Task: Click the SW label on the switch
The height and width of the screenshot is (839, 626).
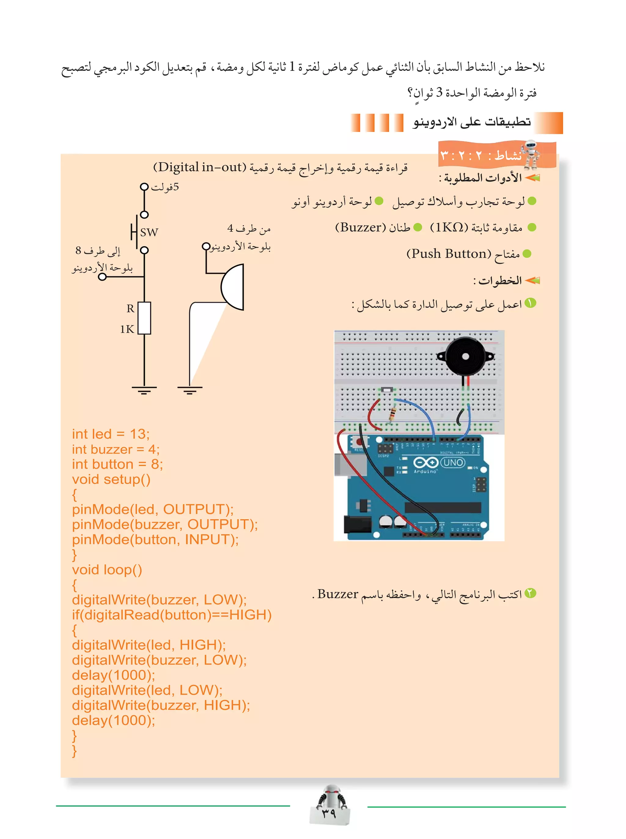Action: tap(149, 232)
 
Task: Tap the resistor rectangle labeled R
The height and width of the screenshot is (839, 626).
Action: tap(144, 318)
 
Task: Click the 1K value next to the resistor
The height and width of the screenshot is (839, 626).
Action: tap(127, 329)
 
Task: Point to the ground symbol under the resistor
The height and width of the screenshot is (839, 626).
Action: tap(144, 390)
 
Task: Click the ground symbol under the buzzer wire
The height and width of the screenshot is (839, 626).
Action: tap(190, 390)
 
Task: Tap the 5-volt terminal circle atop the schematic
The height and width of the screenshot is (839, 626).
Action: tap(144, 187)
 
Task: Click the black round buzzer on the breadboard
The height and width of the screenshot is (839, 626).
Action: tap(465, 356)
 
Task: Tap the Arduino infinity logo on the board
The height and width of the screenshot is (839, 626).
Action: tap(425, 463)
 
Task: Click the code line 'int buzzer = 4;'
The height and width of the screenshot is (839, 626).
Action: tap(116, 449)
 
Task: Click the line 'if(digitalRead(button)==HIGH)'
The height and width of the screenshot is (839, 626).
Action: tap(172, 615)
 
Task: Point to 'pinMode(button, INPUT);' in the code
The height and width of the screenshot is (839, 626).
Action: tap(155, 539)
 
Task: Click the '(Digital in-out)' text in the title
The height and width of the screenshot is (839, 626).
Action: tap(200, 167)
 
